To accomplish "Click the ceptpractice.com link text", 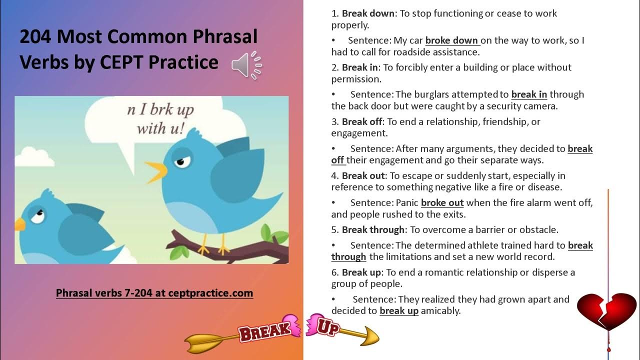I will click(154, 293).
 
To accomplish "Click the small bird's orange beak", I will click(19, 224).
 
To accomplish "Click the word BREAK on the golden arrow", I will click(264, 330).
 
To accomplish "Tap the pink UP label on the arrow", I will click(327, 327).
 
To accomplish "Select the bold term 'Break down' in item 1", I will click(368, 13).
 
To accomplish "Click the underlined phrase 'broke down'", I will click(452, 40).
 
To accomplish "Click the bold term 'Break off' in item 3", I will click(362, 121).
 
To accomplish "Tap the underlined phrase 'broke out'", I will click(442, 203).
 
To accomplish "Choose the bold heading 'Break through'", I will click(373, 230).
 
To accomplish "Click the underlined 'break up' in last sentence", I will click(398, 311).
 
